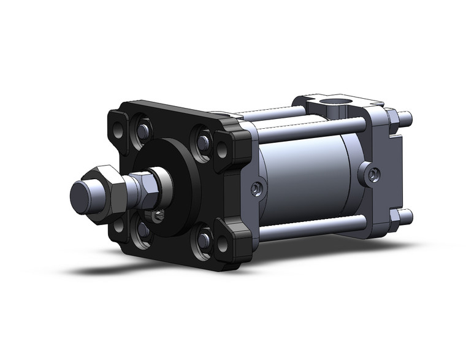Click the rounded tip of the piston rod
tap(80, 196)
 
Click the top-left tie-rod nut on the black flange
tap(142, 131)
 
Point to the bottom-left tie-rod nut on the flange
tap(143, 231)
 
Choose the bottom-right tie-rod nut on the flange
tap(203, 239)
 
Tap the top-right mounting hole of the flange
tap(222, 149)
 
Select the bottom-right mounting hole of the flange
tap(222, 244)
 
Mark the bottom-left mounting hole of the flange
tap(118, 228)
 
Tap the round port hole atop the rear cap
tap(338, 100)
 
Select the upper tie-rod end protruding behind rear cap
tap(405, 117)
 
